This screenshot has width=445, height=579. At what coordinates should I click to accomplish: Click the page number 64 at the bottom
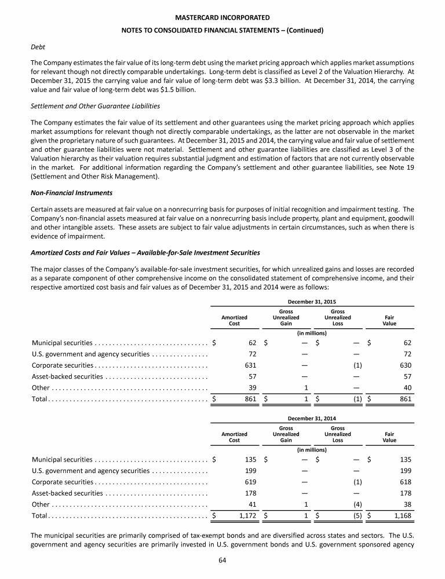point(222,559)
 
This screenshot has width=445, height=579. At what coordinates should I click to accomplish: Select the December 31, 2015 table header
point(312,302)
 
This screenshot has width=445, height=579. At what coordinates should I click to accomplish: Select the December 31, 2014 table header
point(312,417)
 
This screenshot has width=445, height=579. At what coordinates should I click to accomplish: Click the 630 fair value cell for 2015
point(406,365)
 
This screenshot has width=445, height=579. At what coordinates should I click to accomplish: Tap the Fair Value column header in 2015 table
point(389,321)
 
